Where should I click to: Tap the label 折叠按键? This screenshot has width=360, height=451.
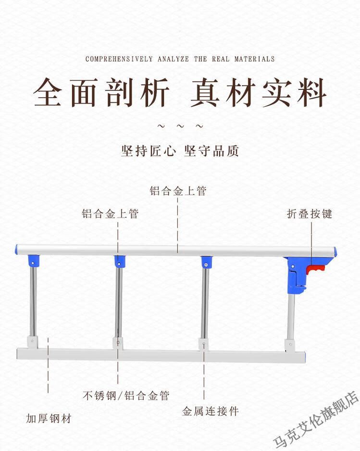click(x=310, y=213)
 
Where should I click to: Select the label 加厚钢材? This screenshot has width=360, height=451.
click(x=49, y=418)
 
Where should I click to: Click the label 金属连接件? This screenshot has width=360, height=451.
click(x=210, y=411)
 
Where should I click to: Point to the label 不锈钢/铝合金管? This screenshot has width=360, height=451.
click(x=126, y=396)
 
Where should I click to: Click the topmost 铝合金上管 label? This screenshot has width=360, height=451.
click(x=178, y=191)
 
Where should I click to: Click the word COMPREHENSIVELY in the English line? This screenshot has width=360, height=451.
click(x=119, y=59)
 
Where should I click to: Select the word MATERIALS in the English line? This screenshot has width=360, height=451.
click(x=254, y=59)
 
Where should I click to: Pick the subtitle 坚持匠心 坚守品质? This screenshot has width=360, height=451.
click(x=180, y=150)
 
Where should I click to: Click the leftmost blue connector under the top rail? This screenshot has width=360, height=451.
click(x=33, y=261)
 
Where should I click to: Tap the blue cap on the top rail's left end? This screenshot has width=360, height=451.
click(x=16, y=250)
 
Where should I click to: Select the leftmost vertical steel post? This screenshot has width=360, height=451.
click(x=33, y=301)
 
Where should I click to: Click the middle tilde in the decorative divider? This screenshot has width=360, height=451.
click(x=180, y=126)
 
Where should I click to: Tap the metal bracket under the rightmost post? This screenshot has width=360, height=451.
click(x=290, y=346)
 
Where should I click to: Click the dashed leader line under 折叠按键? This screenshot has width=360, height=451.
click(x=311, y=244)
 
